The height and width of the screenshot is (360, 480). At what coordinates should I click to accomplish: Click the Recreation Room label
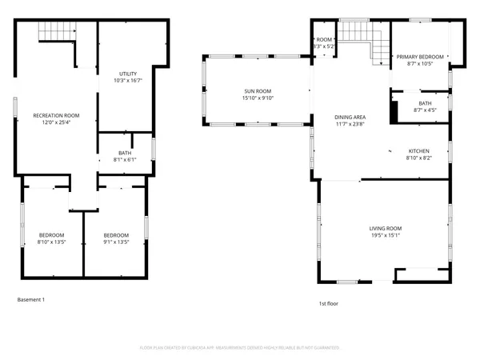(x=56, y=116)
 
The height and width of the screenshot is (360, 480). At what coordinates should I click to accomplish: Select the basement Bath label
(x=126, y=152)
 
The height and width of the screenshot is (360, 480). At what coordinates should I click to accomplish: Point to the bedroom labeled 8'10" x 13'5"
(x=51, y=234)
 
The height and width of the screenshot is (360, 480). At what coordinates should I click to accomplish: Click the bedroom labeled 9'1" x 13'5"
(x=117, y=234)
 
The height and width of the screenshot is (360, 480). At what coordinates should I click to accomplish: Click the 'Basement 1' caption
(x=31, y=300)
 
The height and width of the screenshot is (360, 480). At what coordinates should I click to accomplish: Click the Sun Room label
(x=256, y=92)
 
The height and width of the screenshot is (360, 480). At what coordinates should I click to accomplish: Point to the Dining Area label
(x=350, y=118)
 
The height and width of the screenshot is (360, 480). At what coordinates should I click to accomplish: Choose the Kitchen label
(x=419, y=151)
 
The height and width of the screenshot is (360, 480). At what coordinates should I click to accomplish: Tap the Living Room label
(x=385, y=228)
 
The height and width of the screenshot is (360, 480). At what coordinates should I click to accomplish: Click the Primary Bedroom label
(x=419, y=57)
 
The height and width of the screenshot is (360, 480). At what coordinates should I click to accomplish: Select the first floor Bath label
(x=425, y=102)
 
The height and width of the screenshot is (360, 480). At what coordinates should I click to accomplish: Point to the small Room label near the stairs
(x=324, y=39)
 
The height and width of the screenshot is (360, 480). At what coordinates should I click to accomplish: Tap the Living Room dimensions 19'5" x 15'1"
(x=385, y=235)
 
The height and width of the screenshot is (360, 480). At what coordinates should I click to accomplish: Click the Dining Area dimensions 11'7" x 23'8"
(x=350, y=125)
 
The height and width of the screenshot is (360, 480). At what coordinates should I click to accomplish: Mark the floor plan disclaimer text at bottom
(x=240, y=348)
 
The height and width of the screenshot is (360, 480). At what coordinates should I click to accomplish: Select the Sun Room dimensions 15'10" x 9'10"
(x=256, y=99)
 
